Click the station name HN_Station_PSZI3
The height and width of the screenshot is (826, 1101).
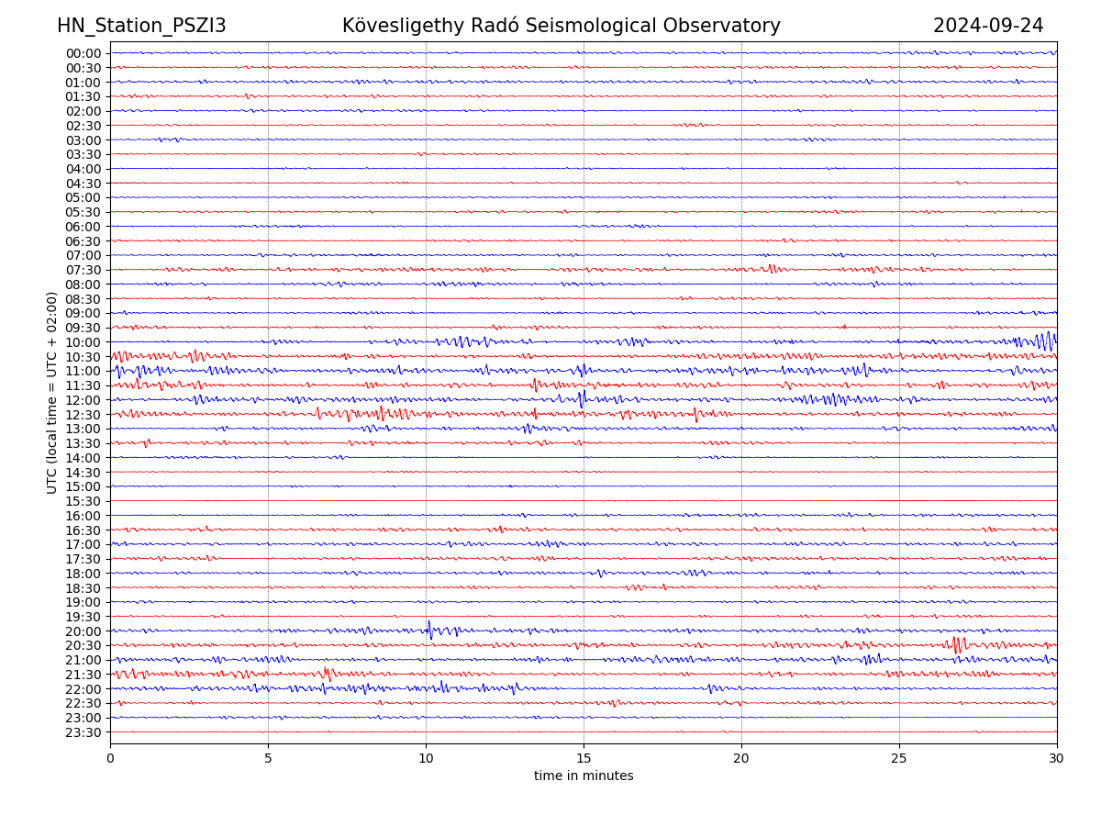pyautogui.click(x=141, y=26)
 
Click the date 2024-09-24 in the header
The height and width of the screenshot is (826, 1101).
pyautogui.click(x=988, y=26)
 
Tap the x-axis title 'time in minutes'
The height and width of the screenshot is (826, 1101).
pyautogui.click(x=584, y=776)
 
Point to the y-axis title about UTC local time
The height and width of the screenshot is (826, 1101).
pyautogui.click(x=52, y=392)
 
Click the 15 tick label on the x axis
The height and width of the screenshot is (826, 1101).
pyautogui.click(x=584, y=759)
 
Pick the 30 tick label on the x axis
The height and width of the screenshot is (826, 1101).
pyautogui.click(x=1057, y=759)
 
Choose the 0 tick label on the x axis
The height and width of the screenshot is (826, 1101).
pyautogui.click(x=110, y=759)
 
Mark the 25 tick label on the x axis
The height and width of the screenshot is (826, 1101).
pyautogui.click(x=899, y=759)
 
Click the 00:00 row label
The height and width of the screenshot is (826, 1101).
pyautogui.click(x=83, y=53)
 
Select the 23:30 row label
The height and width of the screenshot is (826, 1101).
pyautogui.click(x=83, y=732)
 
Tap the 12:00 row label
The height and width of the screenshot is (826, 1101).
pyautogui.click(x=83, y=400)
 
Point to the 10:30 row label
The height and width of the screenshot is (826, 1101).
pyautogui.click(x=83, y=357)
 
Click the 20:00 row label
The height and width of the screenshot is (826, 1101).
pyautogui.click(x=83, y=631)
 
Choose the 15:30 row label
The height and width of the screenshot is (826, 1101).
pyautogui.click(x=83, y=501)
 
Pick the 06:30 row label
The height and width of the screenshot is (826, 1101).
pyautogui.click(x=83, y=241)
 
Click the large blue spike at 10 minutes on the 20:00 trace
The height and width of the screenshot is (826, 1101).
pyautogui.click(x=429, y=630)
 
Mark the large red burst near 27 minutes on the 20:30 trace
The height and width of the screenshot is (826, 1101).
pyautogui.click(x=957, y=644)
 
